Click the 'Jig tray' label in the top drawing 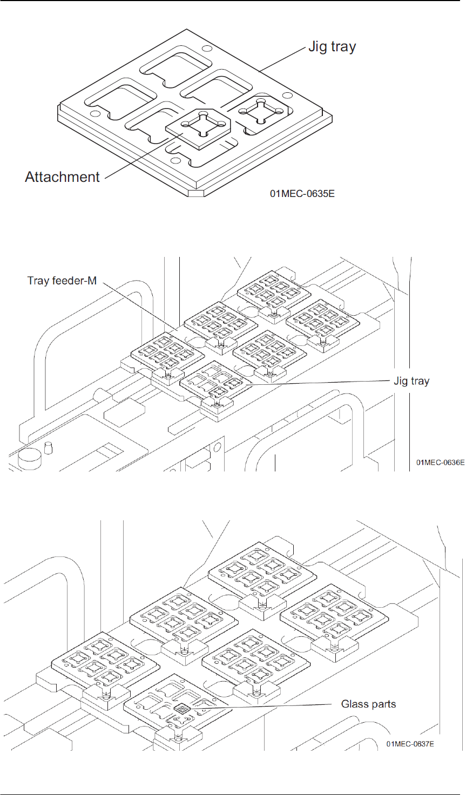pos(332,47)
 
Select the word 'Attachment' pos(62,176)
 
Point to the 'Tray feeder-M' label pos(62,281)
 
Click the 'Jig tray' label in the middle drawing pos(411,381)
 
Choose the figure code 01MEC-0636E pos(440,463)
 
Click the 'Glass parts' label pos(368,704)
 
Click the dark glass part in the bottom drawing pos(182,709)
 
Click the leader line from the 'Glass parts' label pos(259,706)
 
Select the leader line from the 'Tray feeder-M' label pos(135,308)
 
